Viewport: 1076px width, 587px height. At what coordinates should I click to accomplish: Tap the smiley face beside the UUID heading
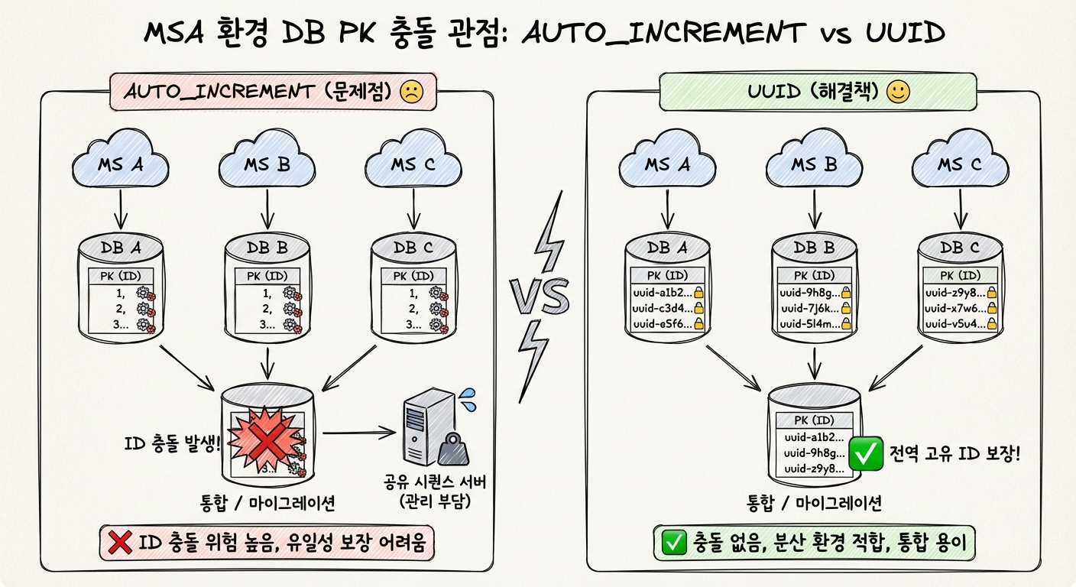(898, 93)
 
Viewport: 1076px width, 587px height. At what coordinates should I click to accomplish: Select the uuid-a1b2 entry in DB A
(663, 293)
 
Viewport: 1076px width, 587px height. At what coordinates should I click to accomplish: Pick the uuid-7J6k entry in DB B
(809, 308)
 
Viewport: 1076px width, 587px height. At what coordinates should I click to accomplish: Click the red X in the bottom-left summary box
(120, 543)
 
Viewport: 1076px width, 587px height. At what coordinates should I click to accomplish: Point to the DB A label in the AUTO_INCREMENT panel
(122, 247)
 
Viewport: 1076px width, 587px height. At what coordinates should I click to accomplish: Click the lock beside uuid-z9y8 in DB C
(992, 293)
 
